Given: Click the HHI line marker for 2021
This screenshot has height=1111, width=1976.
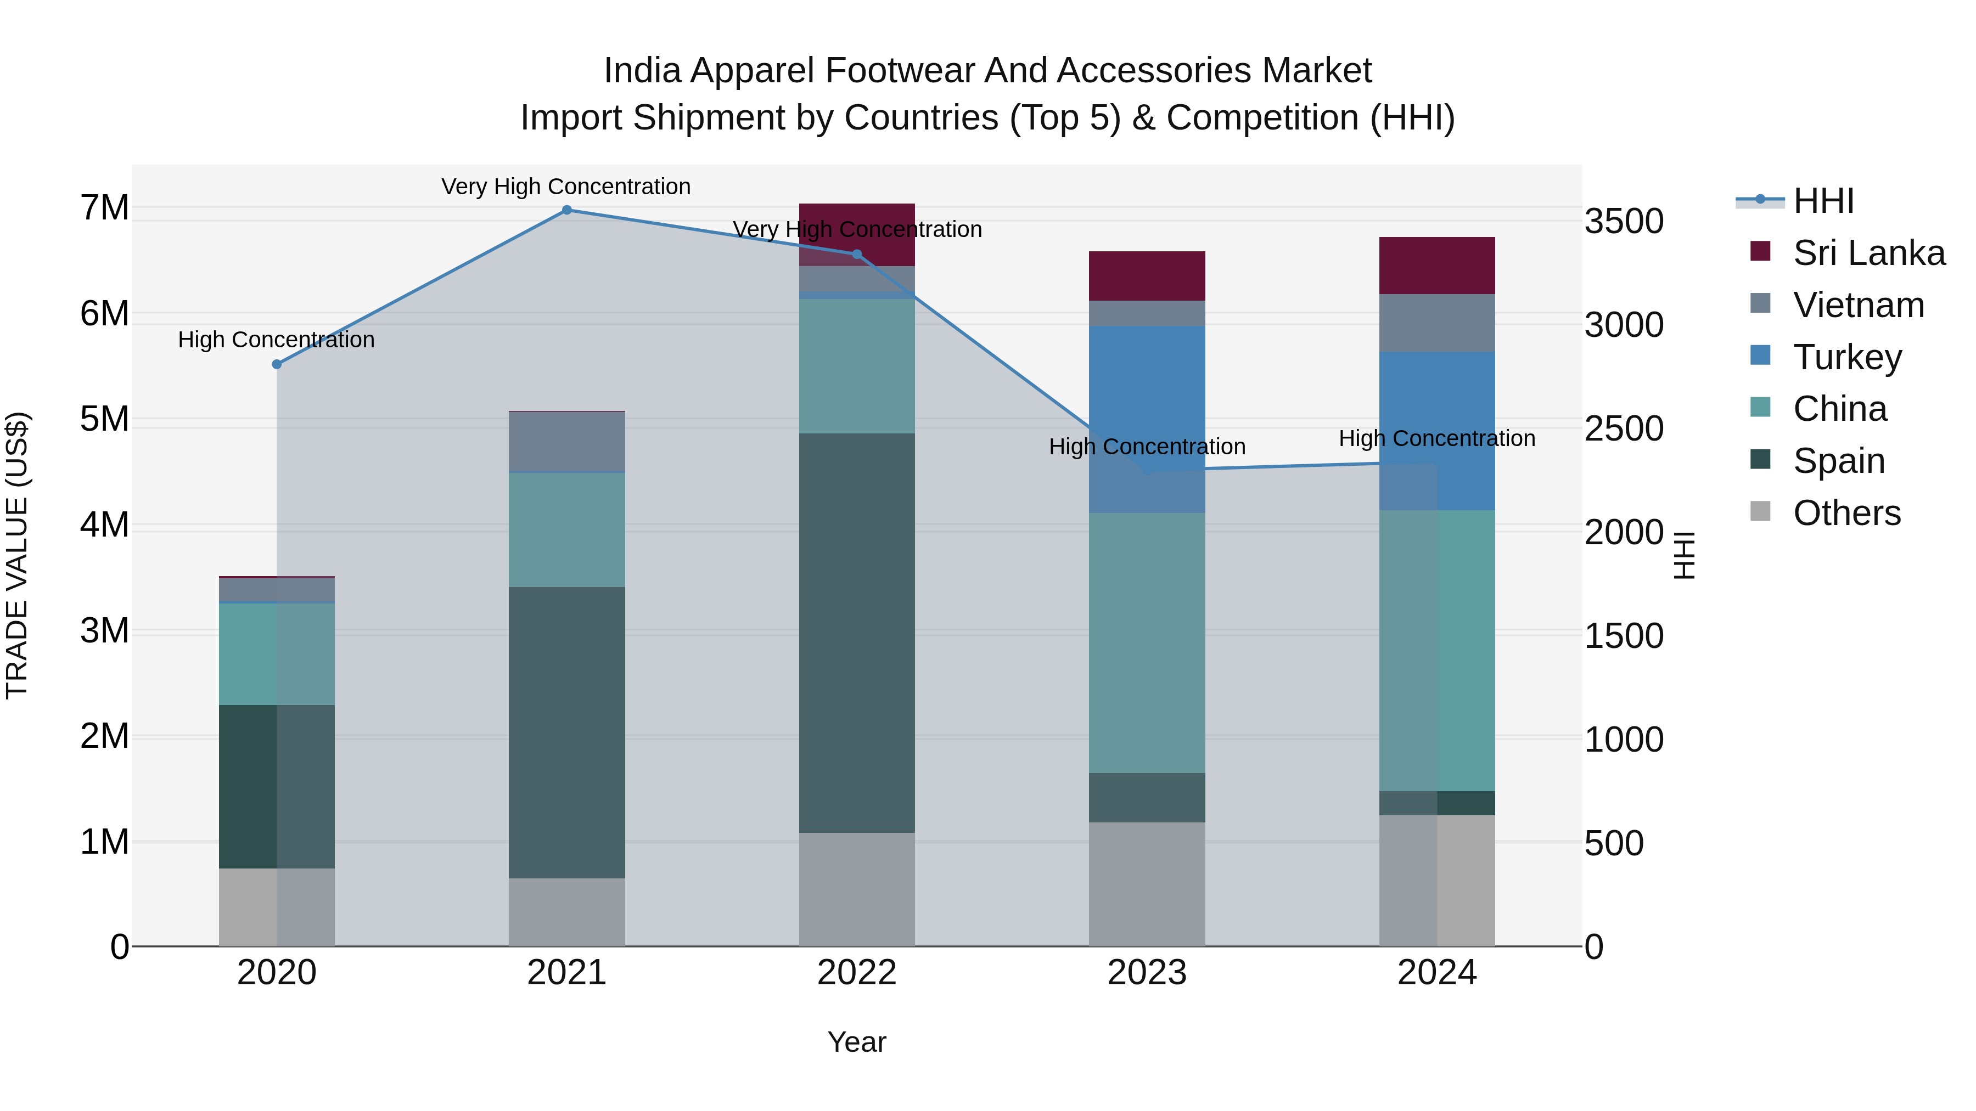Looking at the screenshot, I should pos(567,210).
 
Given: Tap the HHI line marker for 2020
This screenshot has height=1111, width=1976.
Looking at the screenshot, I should pos(277,364).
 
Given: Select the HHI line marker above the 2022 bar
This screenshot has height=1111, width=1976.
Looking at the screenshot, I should pos(857,255).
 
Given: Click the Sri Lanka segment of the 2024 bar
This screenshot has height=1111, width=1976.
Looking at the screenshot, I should pos(1437,266).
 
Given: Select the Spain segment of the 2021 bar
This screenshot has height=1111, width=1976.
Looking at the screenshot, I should pos(567,732).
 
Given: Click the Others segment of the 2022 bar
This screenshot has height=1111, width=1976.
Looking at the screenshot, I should pos(857,889).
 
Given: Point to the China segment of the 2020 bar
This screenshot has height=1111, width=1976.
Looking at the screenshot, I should pos(277,654).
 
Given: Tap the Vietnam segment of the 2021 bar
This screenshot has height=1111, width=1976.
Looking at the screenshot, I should pos(567,442).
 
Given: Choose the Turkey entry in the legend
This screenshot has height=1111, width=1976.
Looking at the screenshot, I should pos(1847,357).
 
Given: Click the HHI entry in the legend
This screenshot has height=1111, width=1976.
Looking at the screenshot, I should pos(1822,201).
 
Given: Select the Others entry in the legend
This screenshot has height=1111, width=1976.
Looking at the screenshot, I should pos(1846,513).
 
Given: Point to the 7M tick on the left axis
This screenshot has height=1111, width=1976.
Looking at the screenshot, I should pos(104,208).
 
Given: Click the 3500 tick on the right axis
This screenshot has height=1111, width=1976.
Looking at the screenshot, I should pos(1624,222).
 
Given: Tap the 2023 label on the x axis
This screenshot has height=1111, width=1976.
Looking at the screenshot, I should pos(1147,973).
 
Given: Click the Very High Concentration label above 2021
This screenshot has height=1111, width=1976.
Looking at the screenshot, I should pos(566,187).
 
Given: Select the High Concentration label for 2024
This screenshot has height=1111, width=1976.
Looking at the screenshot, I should pos(1437,438).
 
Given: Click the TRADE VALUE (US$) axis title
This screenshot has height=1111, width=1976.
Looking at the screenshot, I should pos(17,555).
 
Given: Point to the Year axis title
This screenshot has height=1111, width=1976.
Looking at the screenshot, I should pos(857,1042).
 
